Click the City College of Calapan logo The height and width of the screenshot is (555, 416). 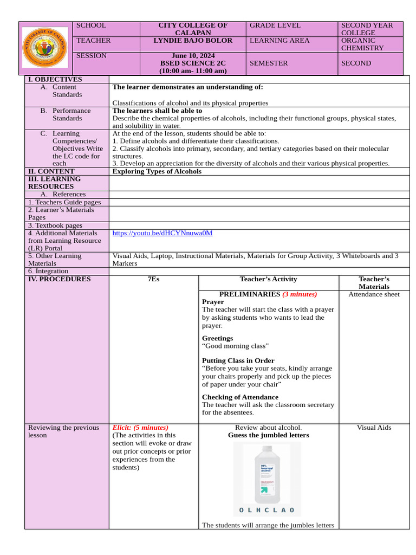pos(44,48)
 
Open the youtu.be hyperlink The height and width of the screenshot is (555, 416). pos(162,233)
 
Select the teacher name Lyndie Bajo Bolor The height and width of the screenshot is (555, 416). pos(193,41)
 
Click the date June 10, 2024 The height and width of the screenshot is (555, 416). pos(193,56)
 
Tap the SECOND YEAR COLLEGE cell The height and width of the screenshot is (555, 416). pos(370,29)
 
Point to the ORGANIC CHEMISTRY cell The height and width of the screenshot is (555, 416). pos(370,44)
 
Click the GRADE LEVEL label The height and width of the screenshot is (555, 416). pos(275,25)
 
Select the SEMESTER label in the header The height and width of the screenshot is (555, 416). pos(269,63)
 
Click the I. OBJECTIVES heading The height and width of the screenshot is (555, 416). pos(55,80)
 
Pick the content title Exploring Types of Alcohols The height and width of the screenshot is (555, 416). pos(157,171)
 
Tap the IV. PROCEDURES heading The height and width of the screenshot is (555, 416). pos(60,279)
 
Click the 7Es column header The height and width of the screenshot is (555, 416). pos(154,279)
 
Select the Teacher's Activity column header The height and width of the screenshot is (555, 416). pos(268,279)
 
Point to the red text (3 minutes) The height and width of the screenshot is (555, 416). pos(300,294)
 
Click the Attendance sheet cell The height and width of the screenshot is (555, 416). pos(374,294)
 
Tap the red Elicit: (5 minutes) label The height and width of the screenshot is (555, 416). pos(140,428)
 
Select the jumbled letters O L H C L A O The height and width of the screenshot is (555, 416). pos(266,510)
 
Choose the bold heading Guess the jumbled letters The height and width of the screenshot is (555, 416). pos(268,435)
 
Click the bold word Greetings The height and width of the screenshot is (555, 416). pos(217,338)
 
